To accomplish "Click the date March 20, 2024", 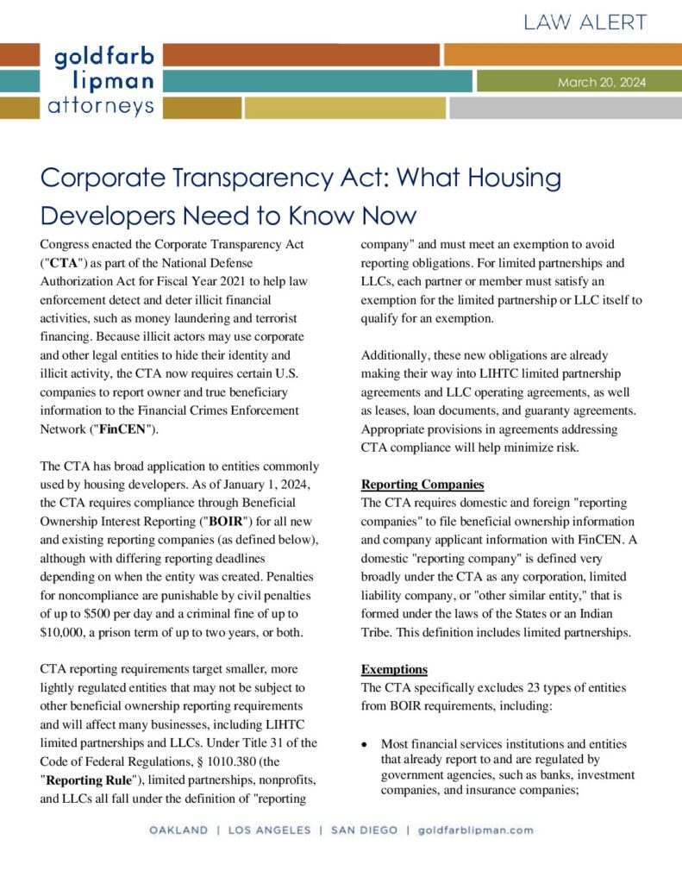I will pos(601,83).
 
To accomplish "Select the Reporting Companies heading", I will pos(422,484).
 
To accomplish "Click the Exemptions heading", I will pos(394,668).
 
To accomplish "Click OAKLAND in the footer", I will pos(178,830).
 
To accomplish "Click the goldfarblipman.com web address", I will pos(475,830).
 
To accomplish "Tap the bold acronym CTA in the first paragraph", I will pos(64,263).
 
